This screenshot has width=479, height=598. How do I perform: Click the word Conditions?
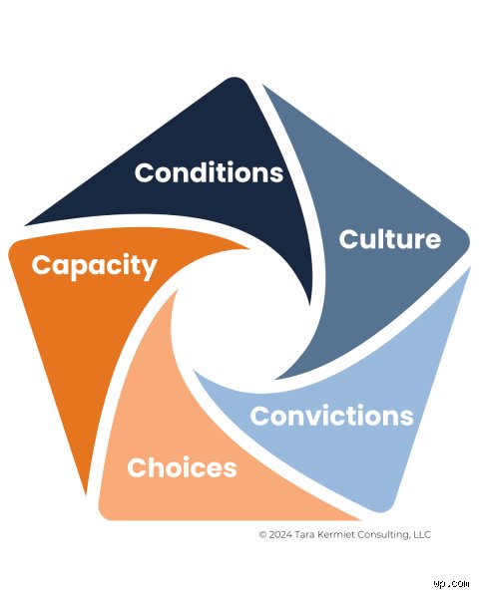coord(209,172)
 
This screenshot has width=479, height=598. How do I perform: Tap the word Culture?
coord(389,239)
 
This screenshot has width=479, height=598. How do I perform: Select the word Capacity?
coord(95,266)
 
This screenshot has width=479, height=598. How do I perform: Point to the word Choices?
coord(182,467)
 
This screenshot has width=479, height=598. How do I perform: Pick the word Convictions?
coord(331,416)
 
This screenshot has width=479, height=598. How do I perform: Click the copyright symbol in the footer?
coord(262,534)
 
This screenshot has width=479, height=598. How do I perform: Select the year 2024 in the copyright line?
coord(280,534)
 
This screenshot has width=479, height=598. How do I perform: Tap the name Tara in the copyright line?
coord(303,534)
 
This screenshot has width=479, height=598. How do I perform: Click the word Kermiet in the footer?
coord(330,534)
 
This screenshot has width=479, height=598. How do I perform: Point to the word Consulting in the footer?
coord(379,535)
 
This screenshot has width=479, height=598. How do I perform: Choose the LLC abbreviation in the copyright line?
coord(422,534)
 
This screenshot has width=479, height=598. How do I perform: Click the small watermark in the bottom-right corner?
coord(451,584)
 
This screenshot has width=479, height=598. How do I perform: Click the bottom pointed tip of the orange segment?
coord(87,494)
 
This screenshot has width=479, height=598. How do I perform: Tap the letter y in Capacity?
coord(150,269)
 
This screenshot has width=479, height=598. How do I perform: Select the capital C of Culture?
coord(348,239)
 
